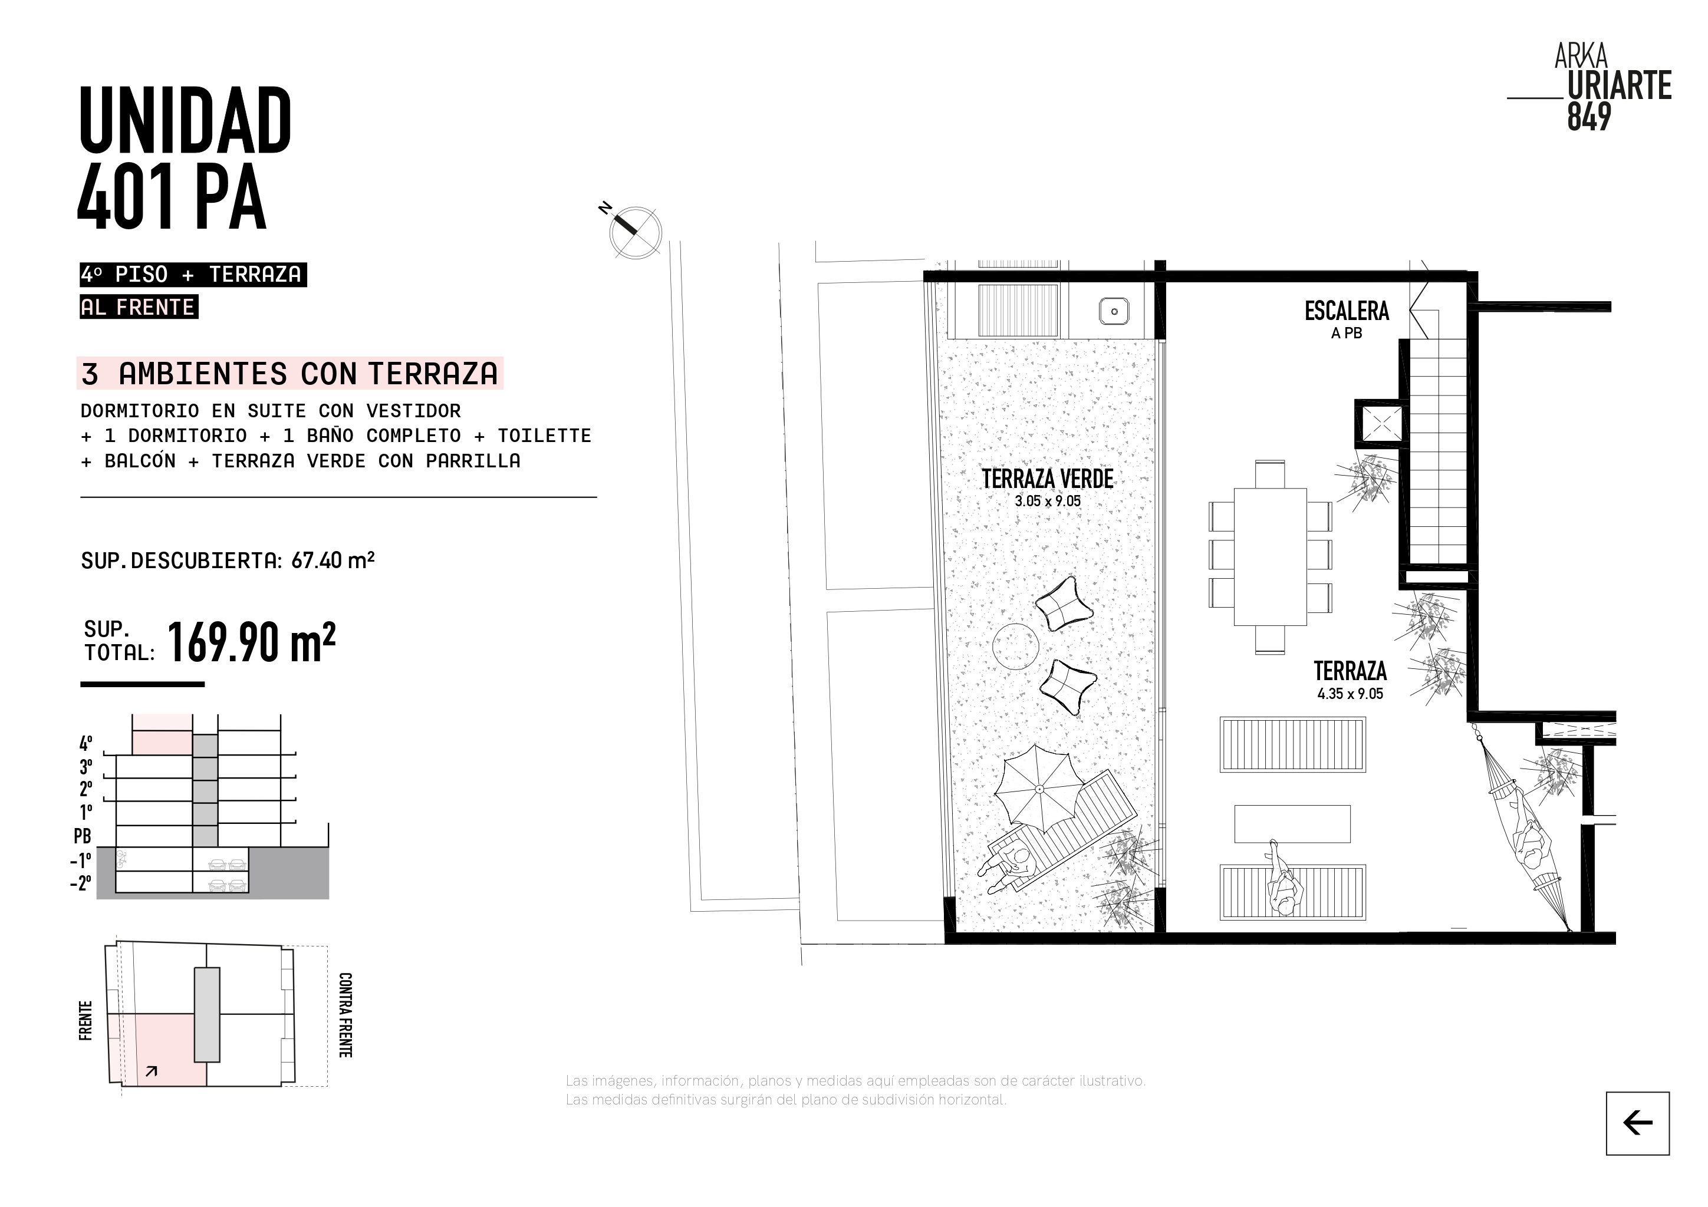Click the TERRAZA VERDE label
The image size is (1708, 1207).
click(1048, 479)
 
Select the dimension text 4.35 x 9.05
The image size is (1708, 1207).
click(1350, 694)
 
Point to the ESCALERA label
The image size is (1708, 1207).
click(1347, 311)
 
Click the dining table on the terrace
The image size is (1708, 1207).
click(1270, 557)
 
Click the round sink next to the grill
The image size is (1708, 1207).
click(1114, 312)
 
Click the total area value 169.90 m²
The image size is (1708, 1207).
click(251, 642)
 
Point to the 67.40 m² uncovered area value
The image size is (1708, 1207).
click(333, 560)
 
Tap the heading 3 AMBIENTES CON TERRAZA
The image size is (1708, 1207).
click(290, 373)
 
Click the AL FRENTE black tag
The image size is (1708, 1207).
click(139, 307)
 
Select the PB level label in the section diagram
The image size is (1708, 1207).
click(83, 836)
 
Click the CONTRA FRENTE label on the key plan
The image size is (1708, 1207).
click(345, 1014)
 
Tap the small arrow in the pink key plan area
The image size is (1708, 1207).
click(152, 1071)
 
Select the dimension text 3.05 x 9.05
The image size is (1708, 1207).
click(1048, 501)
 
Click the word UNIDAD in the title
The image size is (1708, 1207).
click(185, 120)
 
